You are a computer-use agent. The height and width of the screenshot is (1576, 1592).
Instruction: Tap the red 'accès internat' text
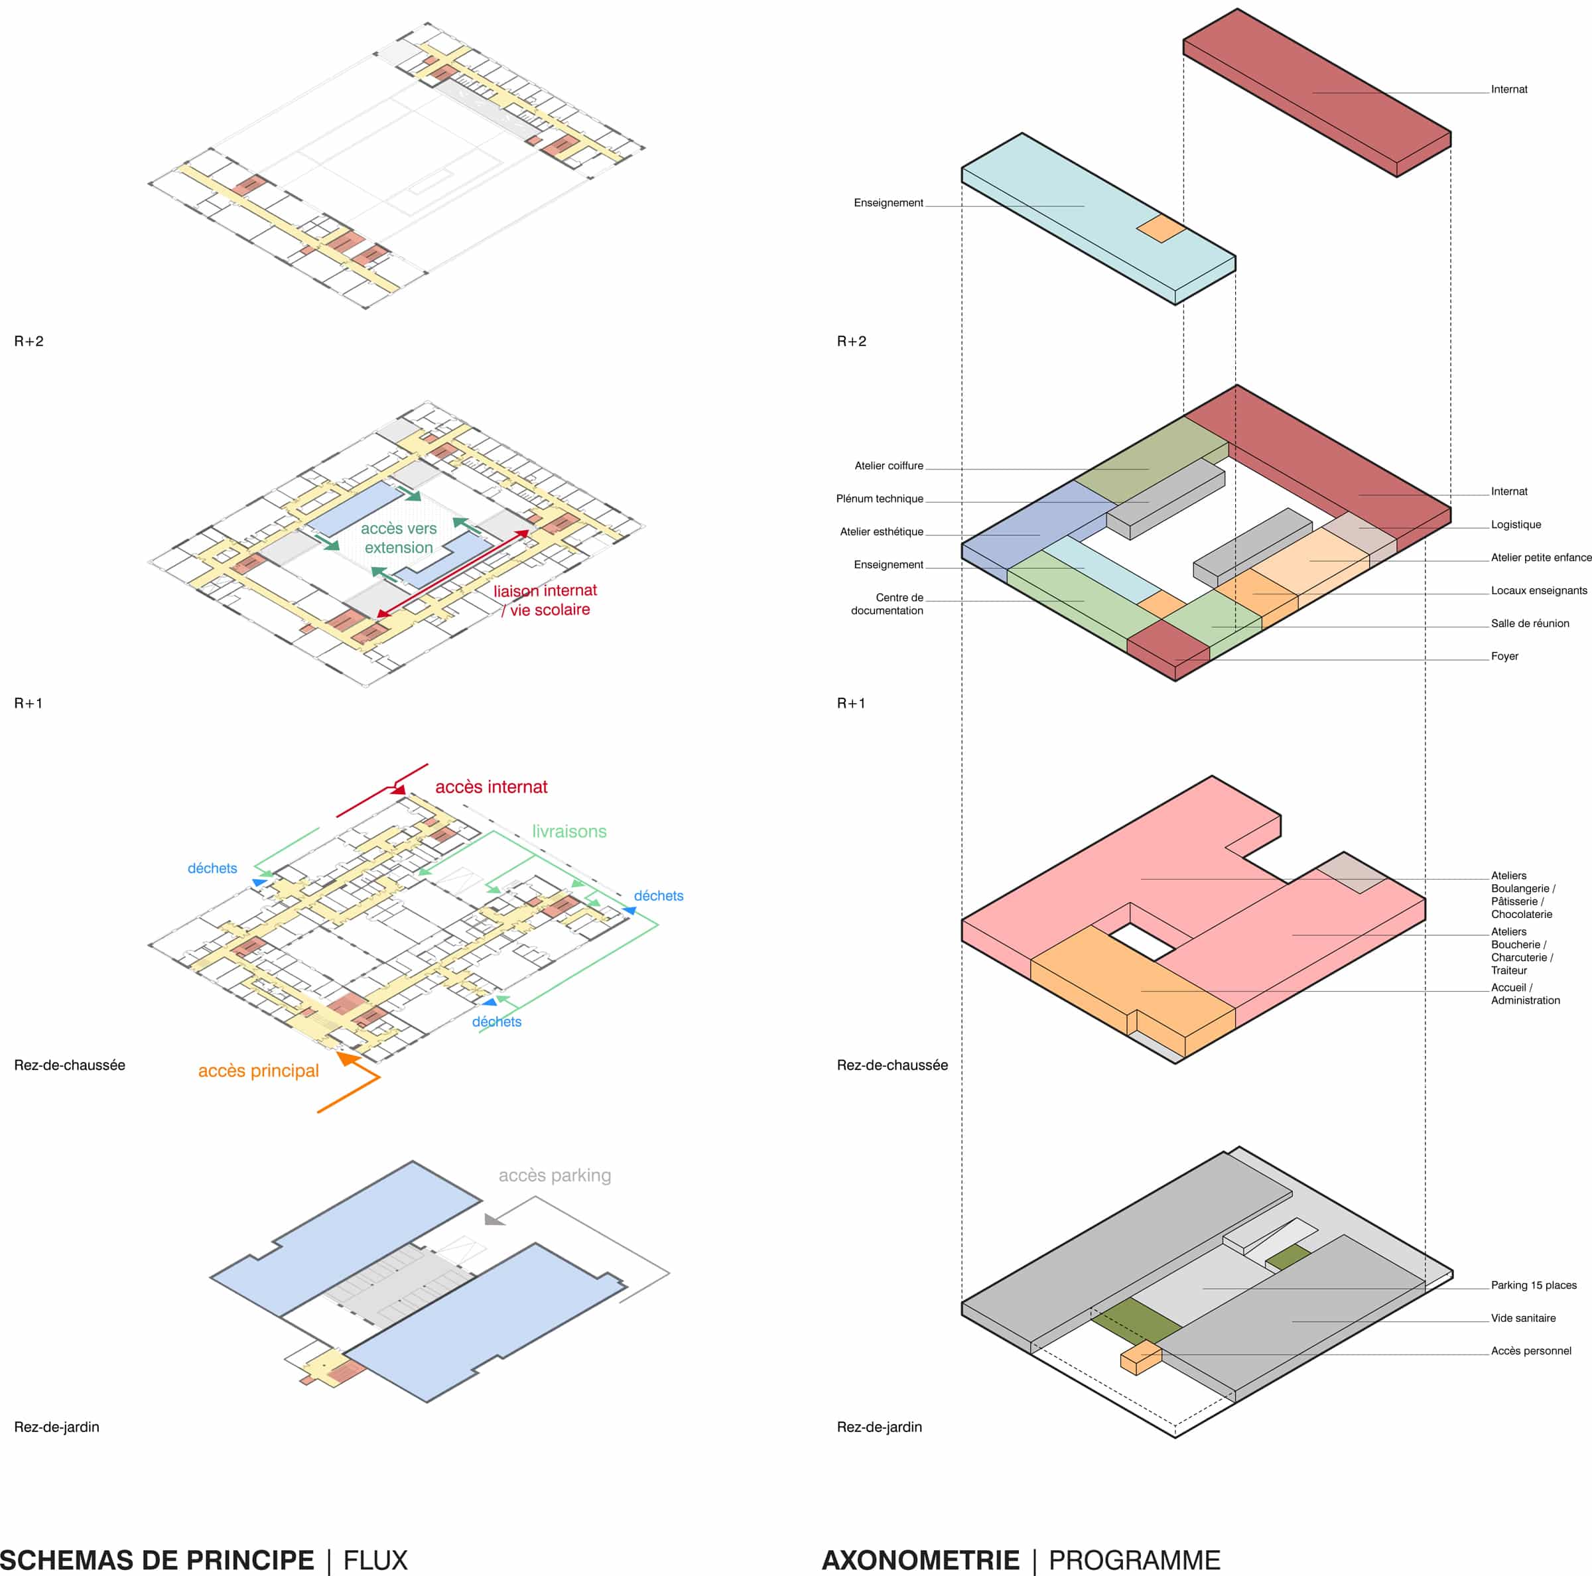pos(491,787)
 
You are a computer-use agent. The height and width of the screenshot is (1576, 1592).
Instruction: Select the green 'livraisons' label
pos(568,831)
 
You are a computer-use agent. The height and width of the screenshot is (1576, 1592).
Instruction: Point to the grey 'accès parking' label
pos(555,1175)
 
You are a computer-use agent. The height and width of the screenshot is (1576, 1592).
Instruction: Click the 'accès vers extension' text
pos(399,538)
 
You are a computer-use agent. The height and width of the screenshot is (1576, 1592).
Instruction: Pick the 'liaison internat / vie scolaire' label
pos(545,600)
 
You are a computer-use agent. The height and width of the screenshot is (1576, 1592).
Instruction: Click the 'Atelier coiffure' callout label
pos(888,466)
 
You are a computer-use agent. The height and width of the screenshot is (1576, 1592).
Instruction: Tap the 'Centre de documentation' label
pos(888,604)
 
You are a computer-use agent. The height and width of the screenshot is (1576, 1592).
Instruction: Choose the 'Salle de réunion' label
pos(1530,624)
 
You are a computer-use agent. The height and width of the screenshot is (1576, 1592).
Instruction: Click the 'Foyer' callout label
pos(1504,657)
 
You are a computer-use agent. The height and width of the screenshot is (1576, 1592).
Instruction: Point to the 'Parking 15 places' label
pos(1534,1285)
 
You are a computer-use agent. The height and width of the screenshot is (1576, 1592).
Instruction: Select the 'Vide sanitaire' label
pos(1523,1318)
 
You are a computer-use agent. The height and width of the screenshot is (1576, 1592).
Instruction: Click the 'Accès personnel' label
pos(1530,1351)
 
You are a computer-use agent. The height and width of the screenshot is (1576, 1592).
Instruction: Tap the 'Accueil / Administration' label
pos(1524,994)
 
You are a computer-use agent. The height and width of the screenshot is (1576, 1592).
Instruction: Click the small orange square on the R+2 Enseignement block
pos(1161,228)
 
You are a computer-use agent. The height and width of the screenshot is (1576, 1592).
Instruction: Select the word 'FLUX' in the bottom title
pos(375,1559)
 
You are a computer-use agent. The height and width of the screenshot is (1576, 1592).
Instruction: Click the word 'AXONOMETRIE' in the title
pos(921,1559)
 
